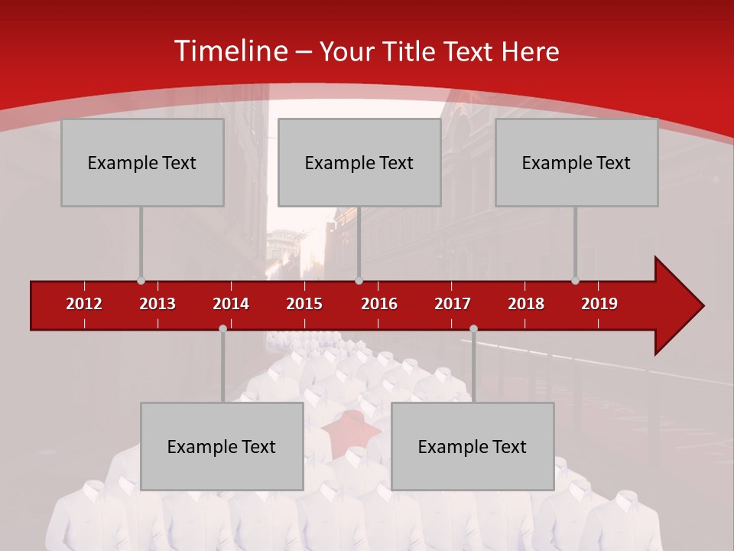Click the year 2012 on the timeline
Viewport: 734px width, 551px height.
[x=84, y=304]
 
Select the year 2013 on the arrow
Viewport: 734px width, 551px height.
[x=158, y=304]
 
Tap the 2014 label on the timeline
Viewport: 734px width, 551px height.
[x=231, y=304]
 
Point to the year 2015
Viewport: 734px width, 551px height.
[x=304, y=304]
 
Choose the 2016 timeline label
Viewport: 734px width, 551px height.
[x=379, y=304]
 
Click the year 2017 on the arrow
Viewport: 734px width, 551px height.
[x=453, y=304]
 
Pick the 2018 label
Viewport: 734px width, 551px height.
[x=526, y=304]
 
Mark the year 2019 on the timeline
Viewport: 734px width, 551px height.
[x=599, y=304]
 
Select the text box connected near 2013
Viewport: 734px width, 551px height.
[x=142, y=162]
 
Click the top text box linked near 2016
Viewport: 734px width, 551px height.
[x=359, y=162]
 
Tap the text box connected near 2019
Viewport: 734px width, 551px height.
[x=576, y=162]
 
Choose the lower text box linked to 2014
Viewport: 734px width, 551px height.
[x=222, y=446]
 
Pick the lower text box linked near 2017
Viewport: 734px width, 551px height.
[x=473, y=446]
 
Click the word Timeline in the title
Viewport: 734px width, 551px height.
[x=229, y=51]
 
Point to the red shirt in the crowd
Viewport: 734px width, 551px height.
[x=350, y=432]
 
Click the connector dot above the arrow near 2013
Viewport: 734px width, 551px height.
[x=141, y=280]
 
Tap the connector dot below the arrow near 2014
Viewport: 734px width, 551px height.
[x=222, y=328]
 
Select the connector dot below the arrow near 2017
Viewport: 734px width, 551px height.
[x=473, y=328]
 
